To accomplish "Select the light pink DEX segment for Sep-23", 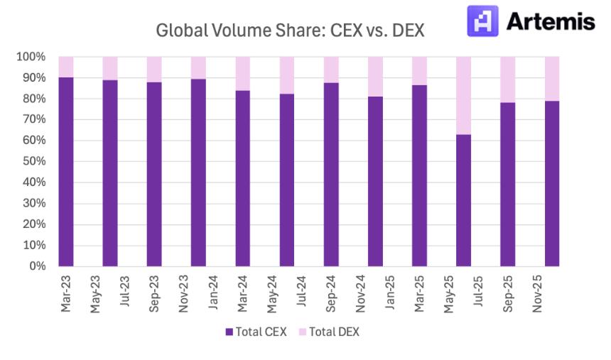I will (154, 69).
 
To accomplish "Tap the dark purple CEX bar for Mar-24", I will (243, 178).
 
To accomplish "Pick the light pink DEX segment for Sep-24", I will (331, 70).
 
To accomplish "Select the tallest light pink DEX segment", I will (463, 95).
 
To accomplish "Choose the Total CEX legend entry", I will (256, 332).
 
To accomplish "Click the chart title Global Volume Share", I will (289, 31).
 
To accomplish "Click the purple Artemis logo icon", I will (482, 21).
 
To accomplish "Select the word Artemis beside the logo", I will (551, 21).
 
